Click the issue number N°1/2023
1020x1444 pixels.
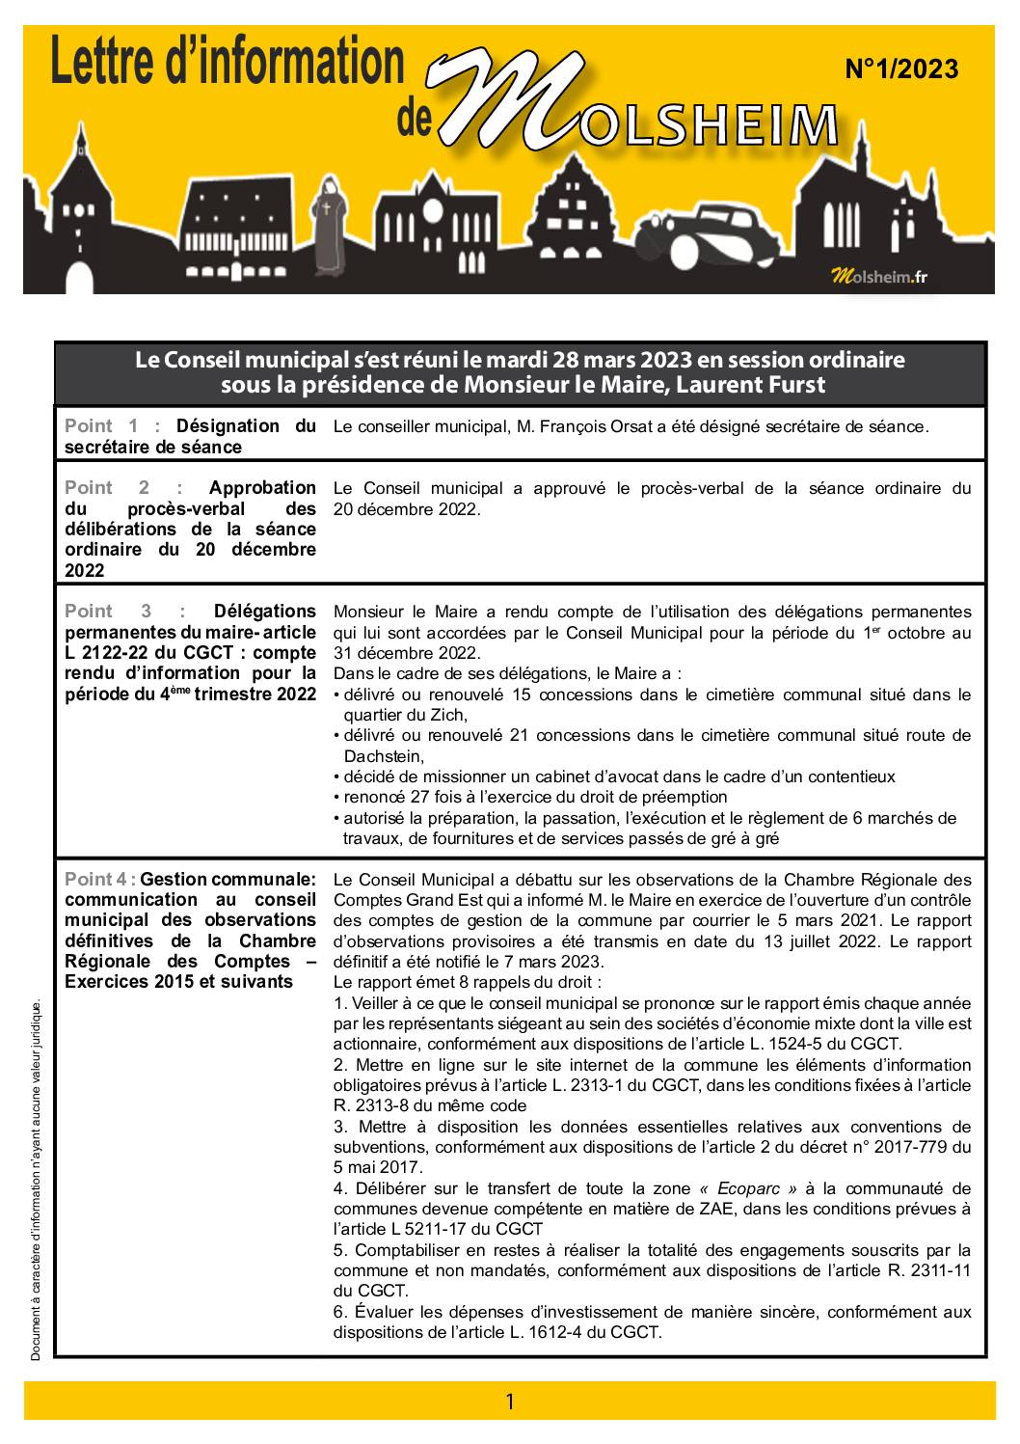901,69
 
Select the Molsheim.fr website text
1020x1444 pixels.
879,277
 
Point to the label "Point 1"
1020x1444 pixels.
99,426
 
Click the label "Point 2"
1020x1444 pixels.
99,488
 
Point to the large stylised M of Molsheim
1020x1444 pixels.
511,101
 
